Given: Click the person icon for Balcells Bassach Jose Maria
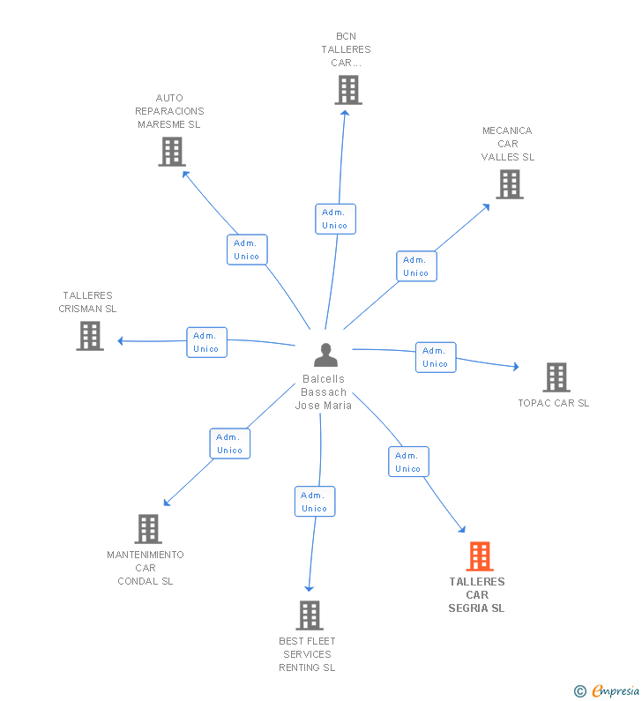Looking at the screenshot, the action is tap(325, 354).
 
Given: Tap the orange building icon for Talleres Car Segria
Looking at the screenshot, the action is tap(480, 556).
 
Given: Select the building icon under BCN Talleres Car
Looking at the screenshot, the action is tap(348, 90).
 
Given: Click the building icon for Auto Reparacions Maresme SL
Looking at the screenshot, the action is tap(172, 152).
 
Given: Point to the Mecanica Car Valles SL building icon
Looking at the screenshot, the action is tap(510, 184).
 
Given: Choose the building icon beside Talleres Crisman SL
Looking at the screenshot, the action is tap(90, 336).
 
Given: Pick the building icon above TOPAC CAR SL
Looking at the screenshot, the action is tap(556, 377).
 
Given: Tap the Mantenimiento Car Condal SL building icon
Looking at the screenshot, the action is tap(148, 529).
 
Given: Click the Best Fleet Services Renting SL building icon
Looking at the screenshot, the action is tap(310, 615).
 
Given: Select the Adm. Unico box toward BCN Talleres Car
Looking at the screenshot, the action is tap(335, 219).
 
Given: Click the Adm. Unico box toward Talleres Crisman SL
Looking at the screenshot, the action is tap(206, 342).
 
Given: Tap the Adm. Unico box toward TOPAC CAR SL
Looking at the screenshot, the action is tap(436, 358).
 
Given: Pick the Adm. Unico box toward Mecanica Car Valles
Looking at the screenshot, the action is tap(416, 266).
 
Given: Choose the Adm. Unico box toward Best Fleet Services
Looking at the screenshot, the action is tap(315, 502).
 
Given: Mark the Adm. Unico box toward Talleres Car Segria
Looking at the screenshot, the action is tap(408, 462).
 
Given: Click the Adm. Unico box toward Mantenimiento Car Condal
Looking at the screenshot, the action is tap(230, 444).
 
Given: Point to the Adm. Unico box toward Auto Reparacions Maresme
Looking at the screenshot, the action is tap(247, 250).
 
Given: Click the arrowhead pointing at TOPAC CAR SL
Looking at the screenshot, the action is tap(516, 367).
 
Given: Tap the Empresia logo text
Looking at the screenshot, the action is tap(616, 691).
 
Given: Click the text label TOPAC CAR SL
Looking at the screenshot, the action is tap(554, 403).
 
